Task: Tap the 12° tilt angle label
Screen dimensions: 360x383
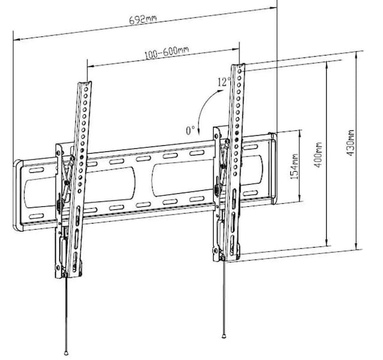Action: click(x=224, y=82)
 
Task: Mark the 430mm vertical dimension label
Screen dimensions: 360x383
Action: click(x=350, y=145)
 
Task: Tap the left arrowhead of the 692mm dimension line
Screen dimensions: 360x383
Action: click(x=14, y=39)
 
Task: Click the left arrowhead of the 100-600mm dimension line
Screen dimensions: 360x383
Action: click(x=88, y=65)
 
